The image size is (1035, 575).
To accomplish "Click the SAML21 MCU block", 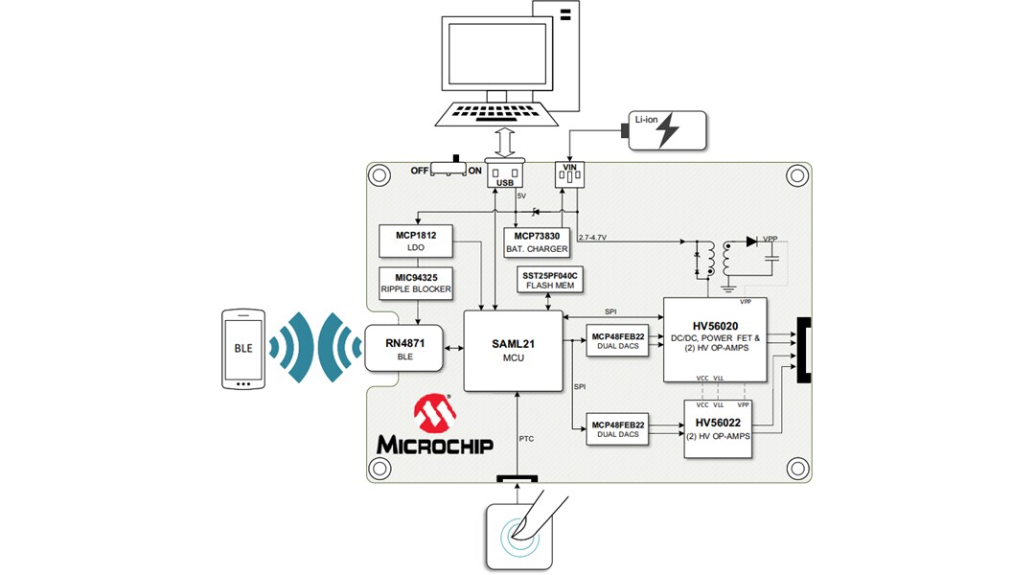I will point(513,350).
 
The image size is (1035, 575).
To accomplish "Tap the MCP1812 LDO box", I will point(415,241).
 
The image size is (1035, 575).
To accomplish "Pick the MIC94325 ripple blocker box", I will point(415,284).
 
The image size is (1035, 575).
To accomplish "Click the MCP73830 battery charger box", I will point(537,241).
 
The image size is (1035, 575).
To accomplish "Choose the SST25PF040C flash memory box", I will point(548,279).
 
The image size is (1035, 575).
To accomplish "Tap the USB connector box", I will point(506,173).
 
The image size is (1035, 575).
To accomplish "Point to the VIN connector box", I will point(570,173).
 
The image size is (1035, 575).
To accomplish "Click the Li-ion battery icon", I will point(667,130).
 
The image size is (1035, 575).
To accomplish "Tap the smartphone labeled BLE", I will point(243,349).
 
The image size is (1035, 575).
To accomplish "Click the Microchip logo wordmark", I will point(434,446).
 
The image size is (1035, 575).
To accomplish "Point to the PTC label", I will point(526,439).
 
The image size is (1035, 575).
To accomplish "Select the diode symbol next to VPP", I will point(750,241).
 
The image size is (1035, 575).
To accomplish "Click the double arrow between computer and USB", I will point(506,143).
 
